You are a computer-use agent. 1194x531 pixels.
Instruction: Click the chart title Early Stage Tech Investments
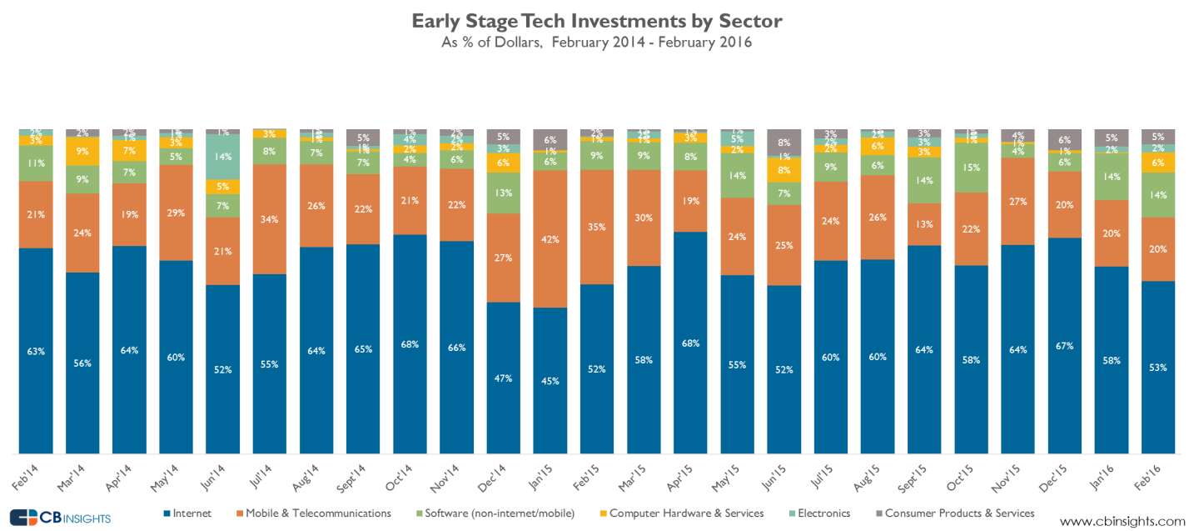[596, 20]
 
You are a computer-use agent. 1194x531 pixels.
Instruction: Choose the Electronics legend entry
[822, 513]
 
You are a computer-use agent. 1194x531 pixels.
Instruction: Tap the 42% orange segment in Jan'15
[550, 239]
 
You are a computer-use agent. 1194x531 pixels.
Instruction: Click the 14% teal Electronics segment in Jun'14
[222, 157]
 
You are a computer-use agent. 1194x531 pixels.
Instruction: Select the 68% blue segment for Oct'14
[409, 343]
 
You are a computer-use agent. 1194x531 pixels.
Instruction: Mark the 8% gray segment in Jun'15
[784, 142]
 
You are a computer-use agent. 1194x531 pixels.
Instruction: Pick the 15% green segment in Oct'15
[971, 168]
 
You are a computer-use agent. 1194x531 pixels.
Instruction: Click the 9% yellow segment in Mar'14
[82, 152]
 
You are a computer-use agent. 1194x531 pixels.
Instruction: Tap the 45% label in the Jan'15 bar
[550, 381]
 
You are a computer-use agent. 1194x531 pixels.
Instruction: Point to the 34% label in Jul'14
[269, 219]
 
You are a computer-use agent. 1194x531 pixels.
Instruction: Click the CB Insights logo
[60, 517]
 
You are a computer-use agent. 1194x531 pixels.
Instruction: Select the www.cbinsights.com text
[1122, 521]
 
